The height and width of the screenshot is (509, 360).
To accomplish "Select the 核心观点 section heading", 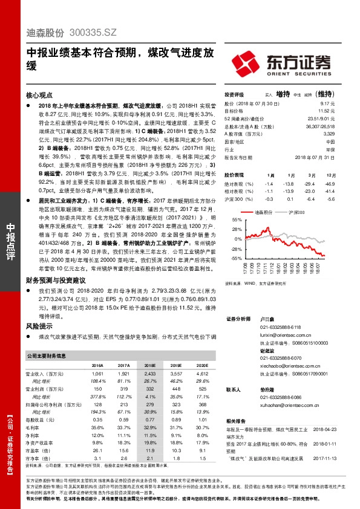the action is [39, 96].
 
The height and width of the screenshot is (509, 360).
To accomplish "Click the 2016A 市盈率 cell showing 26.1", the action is [97, 450].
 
